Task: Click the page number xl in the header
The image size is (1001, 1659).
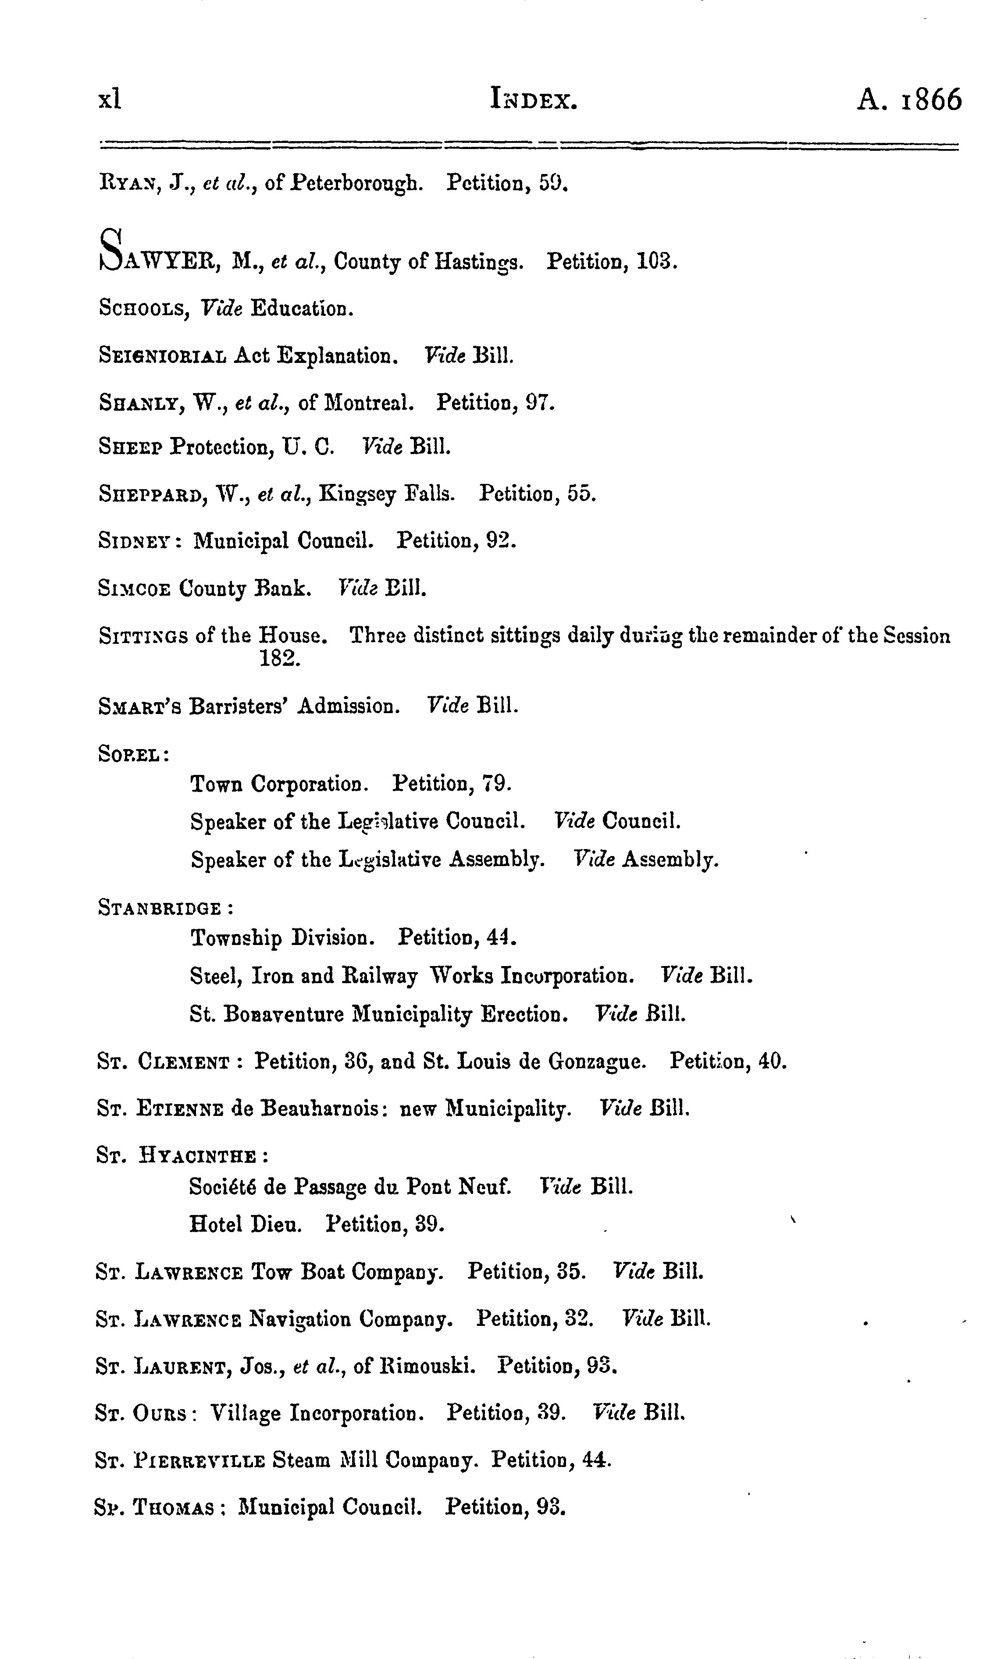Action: click(110, 100)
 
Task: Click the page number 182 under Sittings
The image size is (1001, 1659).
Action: click(280, 658)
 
